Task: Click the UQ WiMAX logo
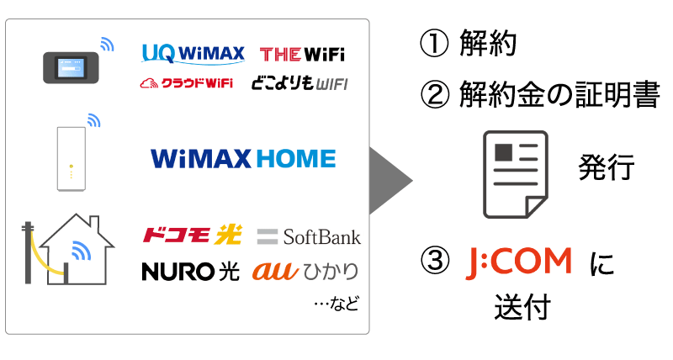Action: click(x=193, y=54)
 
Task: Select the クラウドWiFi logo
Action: click(x=186, y=84)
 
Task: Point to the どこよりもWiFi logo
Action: click(x=299, y=84)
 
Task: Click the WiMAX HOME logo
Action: click(x=242, y=159)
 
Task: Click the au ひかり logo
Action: click(x=305, y=272)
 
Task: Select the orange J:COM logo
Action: click(x=519, y=262)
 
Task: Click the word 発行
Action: click(x=605, y=169)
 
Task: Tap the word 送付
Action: click(x=522, y=307)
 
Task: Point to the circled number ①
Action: click(x=433, y=45)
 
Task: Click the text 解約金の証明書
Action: click(x=559, y=95)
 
